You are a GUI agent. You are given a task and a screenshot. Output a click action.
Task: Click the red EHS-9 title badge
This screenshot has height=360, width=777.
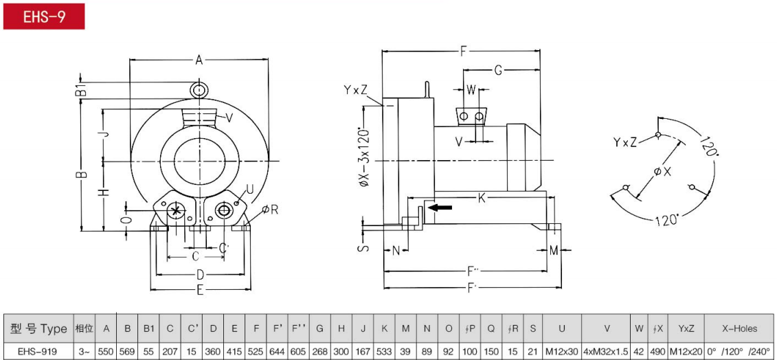pyautogui.click(x=44, y=16)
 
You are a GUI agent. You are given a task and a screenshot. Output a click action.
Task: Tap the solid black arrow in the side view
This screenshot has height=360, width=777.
pyautogui.click(x=440, y=207)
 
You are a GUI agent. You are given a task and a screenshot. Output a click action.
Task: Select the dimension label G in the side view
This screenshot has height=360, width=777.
pyautogui.click(x=499, y=70)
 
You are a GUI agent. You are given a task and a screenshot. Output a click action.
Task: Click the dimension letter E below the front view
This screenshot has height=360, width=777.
pyautogui.click(x=200, y=291)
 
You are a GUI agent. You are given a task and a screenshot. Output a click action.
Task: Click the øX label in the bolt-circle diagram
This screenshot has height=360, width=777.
pyautogui.click(x=662, y=172)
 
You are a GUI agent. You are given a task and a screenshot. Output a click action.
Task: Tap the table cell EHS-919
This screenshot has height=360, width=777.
pyautogui.click(x=38, y=351)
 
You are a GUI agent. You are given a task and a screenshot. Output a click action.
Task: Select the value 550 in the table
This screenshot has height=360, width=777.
pyautogui.click(x=106, y=351)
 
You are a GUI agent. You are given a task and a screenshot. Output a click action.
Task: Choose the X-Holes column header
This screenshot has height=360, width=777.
pyautogui.click(x=739, y=328)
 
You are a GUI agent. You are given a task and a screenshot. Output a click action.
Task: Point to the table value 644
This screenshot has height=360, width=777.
pyautogui.click(x=276, y=351)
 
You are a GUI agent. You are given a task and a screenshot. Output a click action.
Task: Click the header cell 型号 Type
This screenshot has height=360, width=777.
pyautogui.click(x=38, y=328)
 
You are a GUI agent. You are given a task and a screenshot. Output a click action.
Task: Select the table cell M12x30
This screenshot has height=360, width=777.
pyautogui.click(x=562, y=351)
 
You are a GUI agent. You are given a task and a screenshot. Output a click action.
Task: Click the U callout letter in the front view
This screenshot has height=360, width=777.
pyautogui.click(x=250, y=189)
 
